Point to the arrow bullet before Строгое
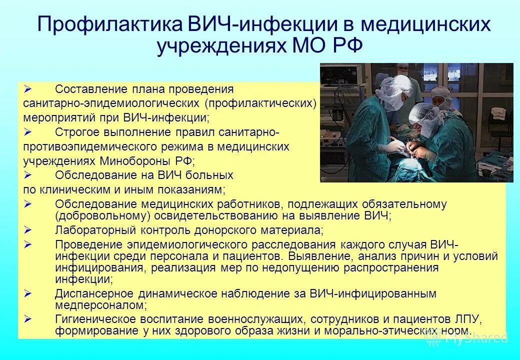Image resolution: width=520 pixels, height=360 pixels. [x=28, y=132]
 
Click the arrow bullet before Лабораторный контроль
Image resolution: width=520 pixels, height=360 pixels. [x=28, y=230]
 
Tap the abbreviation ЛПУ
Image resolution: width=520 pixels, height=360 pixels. [x=469, y=319]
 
